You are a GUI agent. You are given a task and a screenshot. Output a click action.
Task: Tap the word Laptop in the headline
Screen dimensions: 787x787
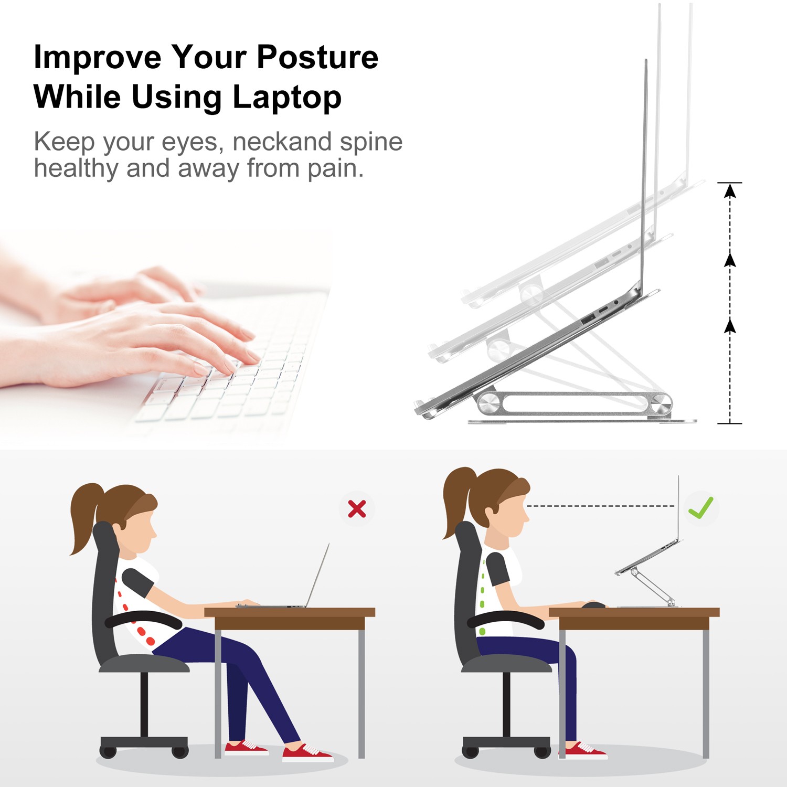pos(287,99)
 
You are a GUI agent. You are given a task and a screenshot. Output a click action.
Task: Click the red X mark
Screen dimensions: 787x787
pos(357,508)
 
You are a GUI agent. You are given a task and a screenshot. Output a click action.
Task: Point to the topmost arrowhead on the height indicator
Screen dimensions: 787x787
pos(730,191)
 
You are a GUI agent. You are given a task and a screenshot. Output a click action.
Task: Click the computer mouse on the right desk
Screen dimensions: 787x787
pos(593,605)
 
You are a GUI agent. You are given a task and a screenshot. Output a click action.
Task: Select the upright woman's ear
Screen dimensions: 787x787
pos(490,512)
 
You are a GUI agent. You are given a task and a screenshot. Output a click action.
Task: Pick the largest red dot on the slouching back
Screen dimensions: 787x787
pos(150,641)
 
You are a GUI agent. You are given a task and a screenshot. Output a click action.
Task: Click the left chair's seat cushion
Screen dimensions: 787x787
pos(144,664)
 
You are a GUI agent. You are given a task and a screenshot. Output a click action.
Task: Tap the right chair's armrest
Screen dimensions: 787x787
pos(506,619)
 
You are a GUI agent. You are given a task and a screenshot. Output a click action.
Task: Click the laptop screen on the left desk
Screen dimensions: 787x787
pos(318,575)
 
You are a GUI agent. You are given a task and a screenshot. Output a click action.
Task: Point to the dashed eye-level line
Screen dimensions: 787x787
pos(600,506)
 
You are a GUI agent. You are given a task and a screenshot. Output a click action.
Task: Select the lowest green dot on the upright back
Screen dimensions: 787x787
pos(482,631)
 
